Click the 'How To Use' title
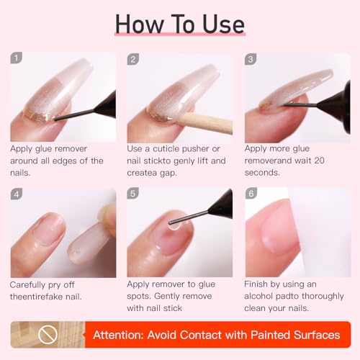180,24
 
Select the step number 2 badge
133,59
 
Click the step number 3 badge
251,59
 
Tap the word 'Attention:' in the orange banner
125,335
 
